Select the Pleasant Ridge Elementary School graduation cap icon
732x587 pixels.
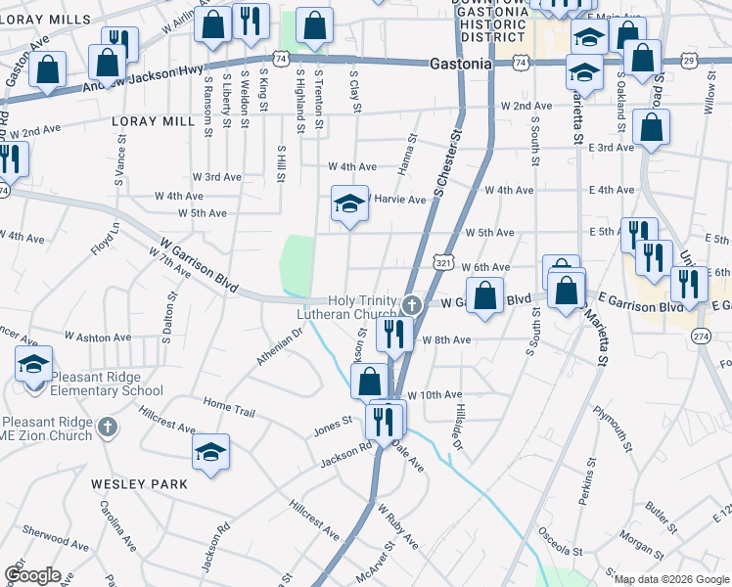33,366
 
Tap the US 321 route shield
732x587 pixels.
443,264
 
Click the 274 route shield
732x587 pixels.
700,336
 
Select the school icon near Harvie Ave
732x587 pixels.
346,204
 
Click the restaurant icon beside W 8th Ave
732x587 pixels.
394,334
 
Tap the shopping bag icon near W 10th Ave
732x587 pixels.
369,381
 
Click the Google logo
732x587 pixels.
32,575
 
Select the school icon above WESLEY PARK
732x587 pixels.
209,453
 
